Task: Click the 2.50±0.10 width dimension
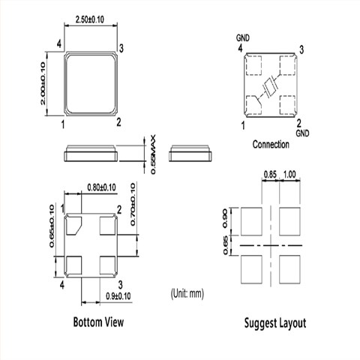point(90,19)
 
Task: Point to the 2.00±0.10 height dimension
point(43,83)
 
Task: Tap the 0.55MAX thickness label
point(153,154)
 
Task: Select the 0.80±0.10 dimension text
point(101,187)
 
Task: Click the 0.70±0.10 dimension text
point(133,205)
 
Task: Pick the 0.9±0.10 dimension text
point(118,296)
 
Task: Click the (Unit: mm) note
point(187,293)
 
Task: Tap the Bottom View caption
point(98,322)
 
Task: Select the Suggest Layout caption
point(275,323)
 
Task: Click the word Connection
point(271,145)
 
